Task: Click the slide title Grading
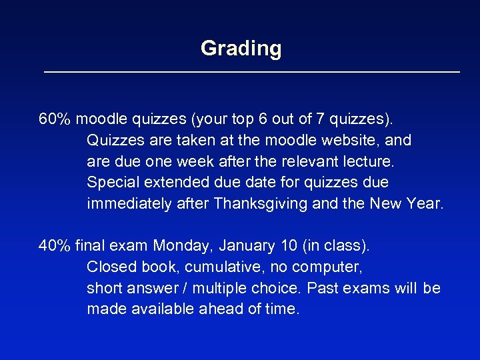pyautogui.click(x=241, y=48)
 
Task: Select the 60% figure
pyautogui.click(x=55, y=119)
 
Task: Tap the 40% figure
pyautogui.click(x=55, y=246)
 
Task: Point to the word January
pyautogui.click(x=250, y=246)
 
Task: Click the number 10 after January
pyautogui.click(x=289, y=246)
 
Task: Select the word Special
pyautogui.click(x=111, y=183)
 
